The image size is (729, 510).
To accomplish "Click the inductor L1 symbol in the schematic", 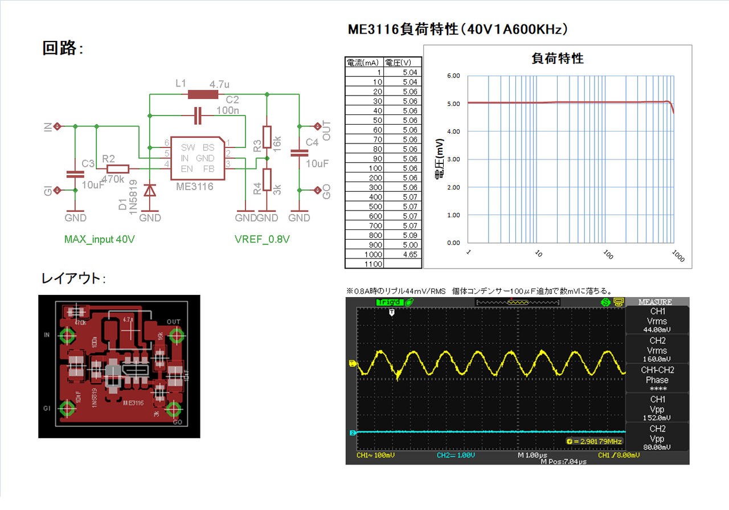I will coord(203,94).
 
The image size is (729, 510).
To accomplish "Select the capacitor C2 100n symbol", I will coord(198,116).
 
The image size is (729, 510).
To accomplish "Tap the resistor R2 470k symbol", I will coord(118,168).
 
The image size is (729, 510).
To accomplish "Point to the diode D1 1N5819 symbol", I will coord(150,190).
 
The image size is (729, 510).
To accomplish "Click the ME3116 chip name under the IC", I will coord(195,186).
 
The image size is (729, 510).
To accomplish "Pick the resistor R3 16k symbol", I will coord(267,137).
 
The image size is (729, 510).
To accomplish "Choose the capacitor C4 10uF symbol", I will coord(299,153).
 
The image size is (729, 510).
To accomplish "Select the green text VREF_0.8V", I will coord(262,240).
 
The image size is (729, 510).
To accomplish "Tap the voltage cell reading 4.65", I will coord(403,254).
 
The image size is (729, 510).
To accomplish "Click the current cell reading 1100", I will coord(364,264).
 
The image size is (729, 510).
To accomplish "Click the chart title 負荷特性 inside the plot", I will coord(557,58).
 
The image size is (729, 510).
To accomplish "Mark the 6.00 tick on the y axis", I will coord(453,76).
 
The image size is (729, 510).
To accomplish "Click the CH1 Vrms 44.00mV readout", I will coord(657,321).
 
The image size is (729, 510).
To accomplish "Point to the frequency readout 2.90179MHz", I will coord(595,441).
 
